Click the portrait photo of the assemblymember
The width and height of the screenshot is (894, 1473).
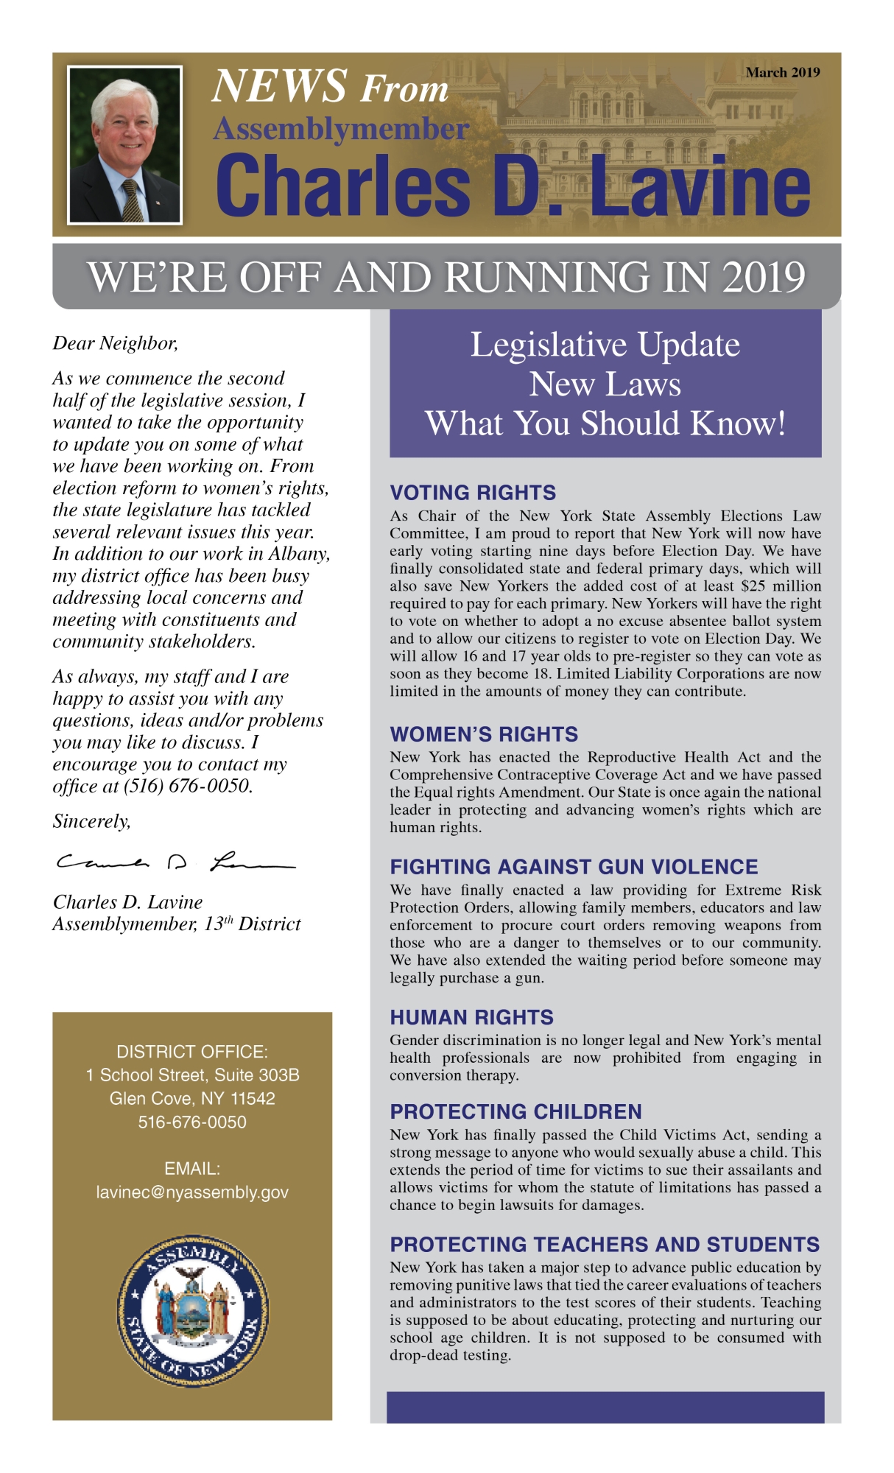(x=124, y=145)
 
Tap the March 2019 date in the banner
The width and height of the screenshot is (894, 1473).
(x=782, y=72)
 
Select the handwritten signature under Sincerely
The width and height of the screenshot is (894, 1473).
(x=175, y=862)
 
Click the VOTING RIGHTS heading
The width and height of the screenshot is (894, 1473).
(x=473, y=493)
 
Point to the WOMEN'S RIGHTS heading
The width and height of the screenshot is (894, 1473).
(x=484, y=734)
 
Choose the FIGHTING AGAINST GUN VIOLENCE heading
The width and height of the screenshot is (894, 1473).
(x=574, y=867)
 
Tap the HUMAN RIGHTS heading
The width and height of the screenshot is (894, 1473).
(x=471, y=1017)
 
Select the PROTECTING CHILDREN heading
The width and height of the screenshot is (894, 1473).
(x=515, y=1111)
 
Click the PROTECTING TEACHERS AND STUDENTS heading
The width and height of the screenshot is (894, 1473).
(x=605, y=1244)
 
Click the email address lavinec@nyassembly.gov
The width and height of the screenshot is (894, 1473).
(x=192, y=1192)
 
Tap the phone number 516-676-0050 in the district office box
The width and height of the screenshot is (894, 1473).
(x=192, y=1122)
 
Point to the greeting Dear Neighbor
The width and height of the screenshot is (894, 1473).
(x=115, y=343)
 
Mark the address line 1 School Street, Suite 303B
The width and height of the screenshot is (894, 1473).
(x=192, y=1075)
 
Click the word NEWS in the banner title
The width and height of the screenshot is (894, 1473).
(x=279, y=86)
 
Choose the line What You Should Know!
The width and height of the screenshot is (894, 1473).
(x=605, y=423)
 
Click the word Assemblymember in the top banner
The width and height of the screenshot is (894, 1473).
(x=340, y=129)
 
